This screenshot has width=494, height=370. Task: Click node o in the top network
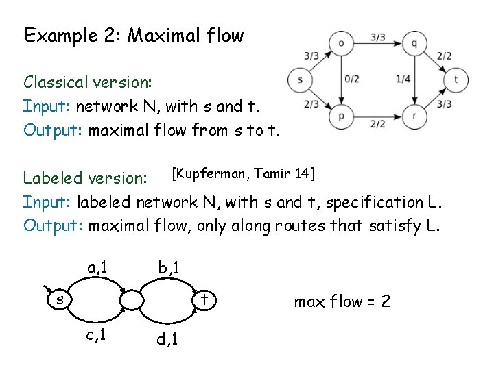click(x=342, y=43)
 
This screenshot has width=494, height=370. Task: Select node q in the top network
click(x=414, y=43)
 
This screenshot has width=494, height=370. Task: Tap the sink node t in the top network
click(x=456, y=79)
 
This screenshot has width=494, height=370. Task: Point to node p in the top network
click(x=342, y=116)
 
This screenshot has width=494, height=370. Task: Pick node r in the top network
click(x=414, y=116)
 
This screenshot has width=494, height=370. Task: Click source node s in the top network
click(x=301, y=79)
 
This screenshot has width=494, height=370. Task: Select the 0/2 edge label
click(x=352, y=79)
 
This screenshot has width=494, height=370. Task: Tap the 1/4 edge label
click(x=403, y=79)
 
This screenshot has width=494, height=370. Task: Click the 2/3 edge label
click(x=311, y=104)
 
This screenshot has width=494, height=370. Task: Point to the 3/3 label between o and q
click(x=377, y=38)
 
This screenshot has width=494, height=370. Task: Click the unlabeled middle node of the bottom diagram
click(x=131, y=300)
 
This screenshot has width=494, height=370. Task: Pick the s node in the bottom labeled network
click(x=60, y=299)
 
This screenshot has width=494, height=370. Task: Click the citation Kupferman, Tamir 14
click(x=243, y=173)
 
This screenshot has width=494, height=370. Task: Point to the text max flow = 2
click(x=342, y=301)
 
